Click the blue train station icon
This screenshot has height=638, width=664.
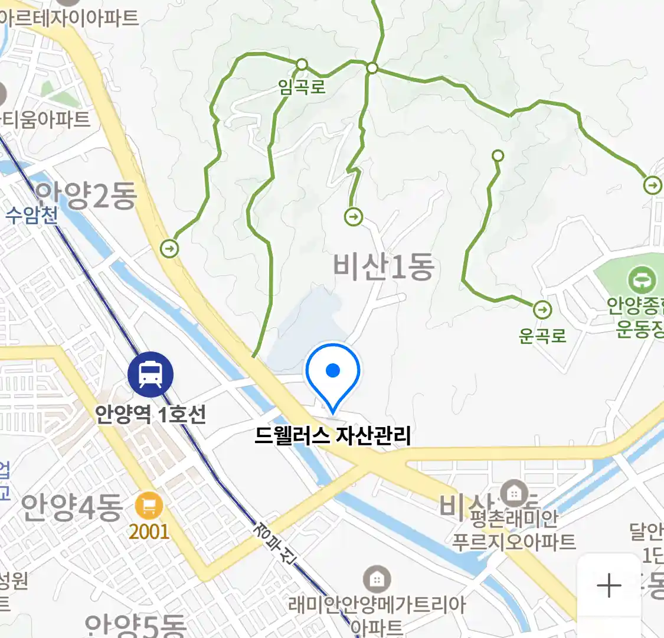[x=151, y=374]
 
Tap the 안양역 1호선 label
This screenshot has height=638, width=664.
[x=151, y=414]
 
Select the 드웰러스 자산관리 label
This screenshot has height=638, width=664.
[x=333, y=436]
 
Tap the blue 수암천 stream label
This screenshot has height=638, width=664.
[x=32, y=214]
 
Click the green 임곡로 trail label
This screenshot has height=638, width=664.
[x=302, y=87]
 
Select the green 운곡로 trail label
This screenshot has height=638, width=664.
[x=542, y=336]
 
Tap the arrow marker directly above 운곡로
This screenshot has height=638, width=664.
[x=542, y=310]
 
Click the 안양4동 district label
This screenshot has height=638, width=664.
[x=71, y=507]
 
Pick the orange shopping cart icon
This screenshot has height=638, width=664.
[x=149, y=506]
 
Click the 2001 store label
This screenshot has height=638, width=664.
[x=149, y=532]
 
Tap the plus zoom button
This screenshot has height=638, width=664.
[x=609, y=586]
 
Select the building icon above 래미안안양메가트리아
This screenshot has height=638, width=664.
[x=376, y=579]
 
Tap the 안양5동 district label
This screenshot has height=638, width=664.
[x=135, y=625]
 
